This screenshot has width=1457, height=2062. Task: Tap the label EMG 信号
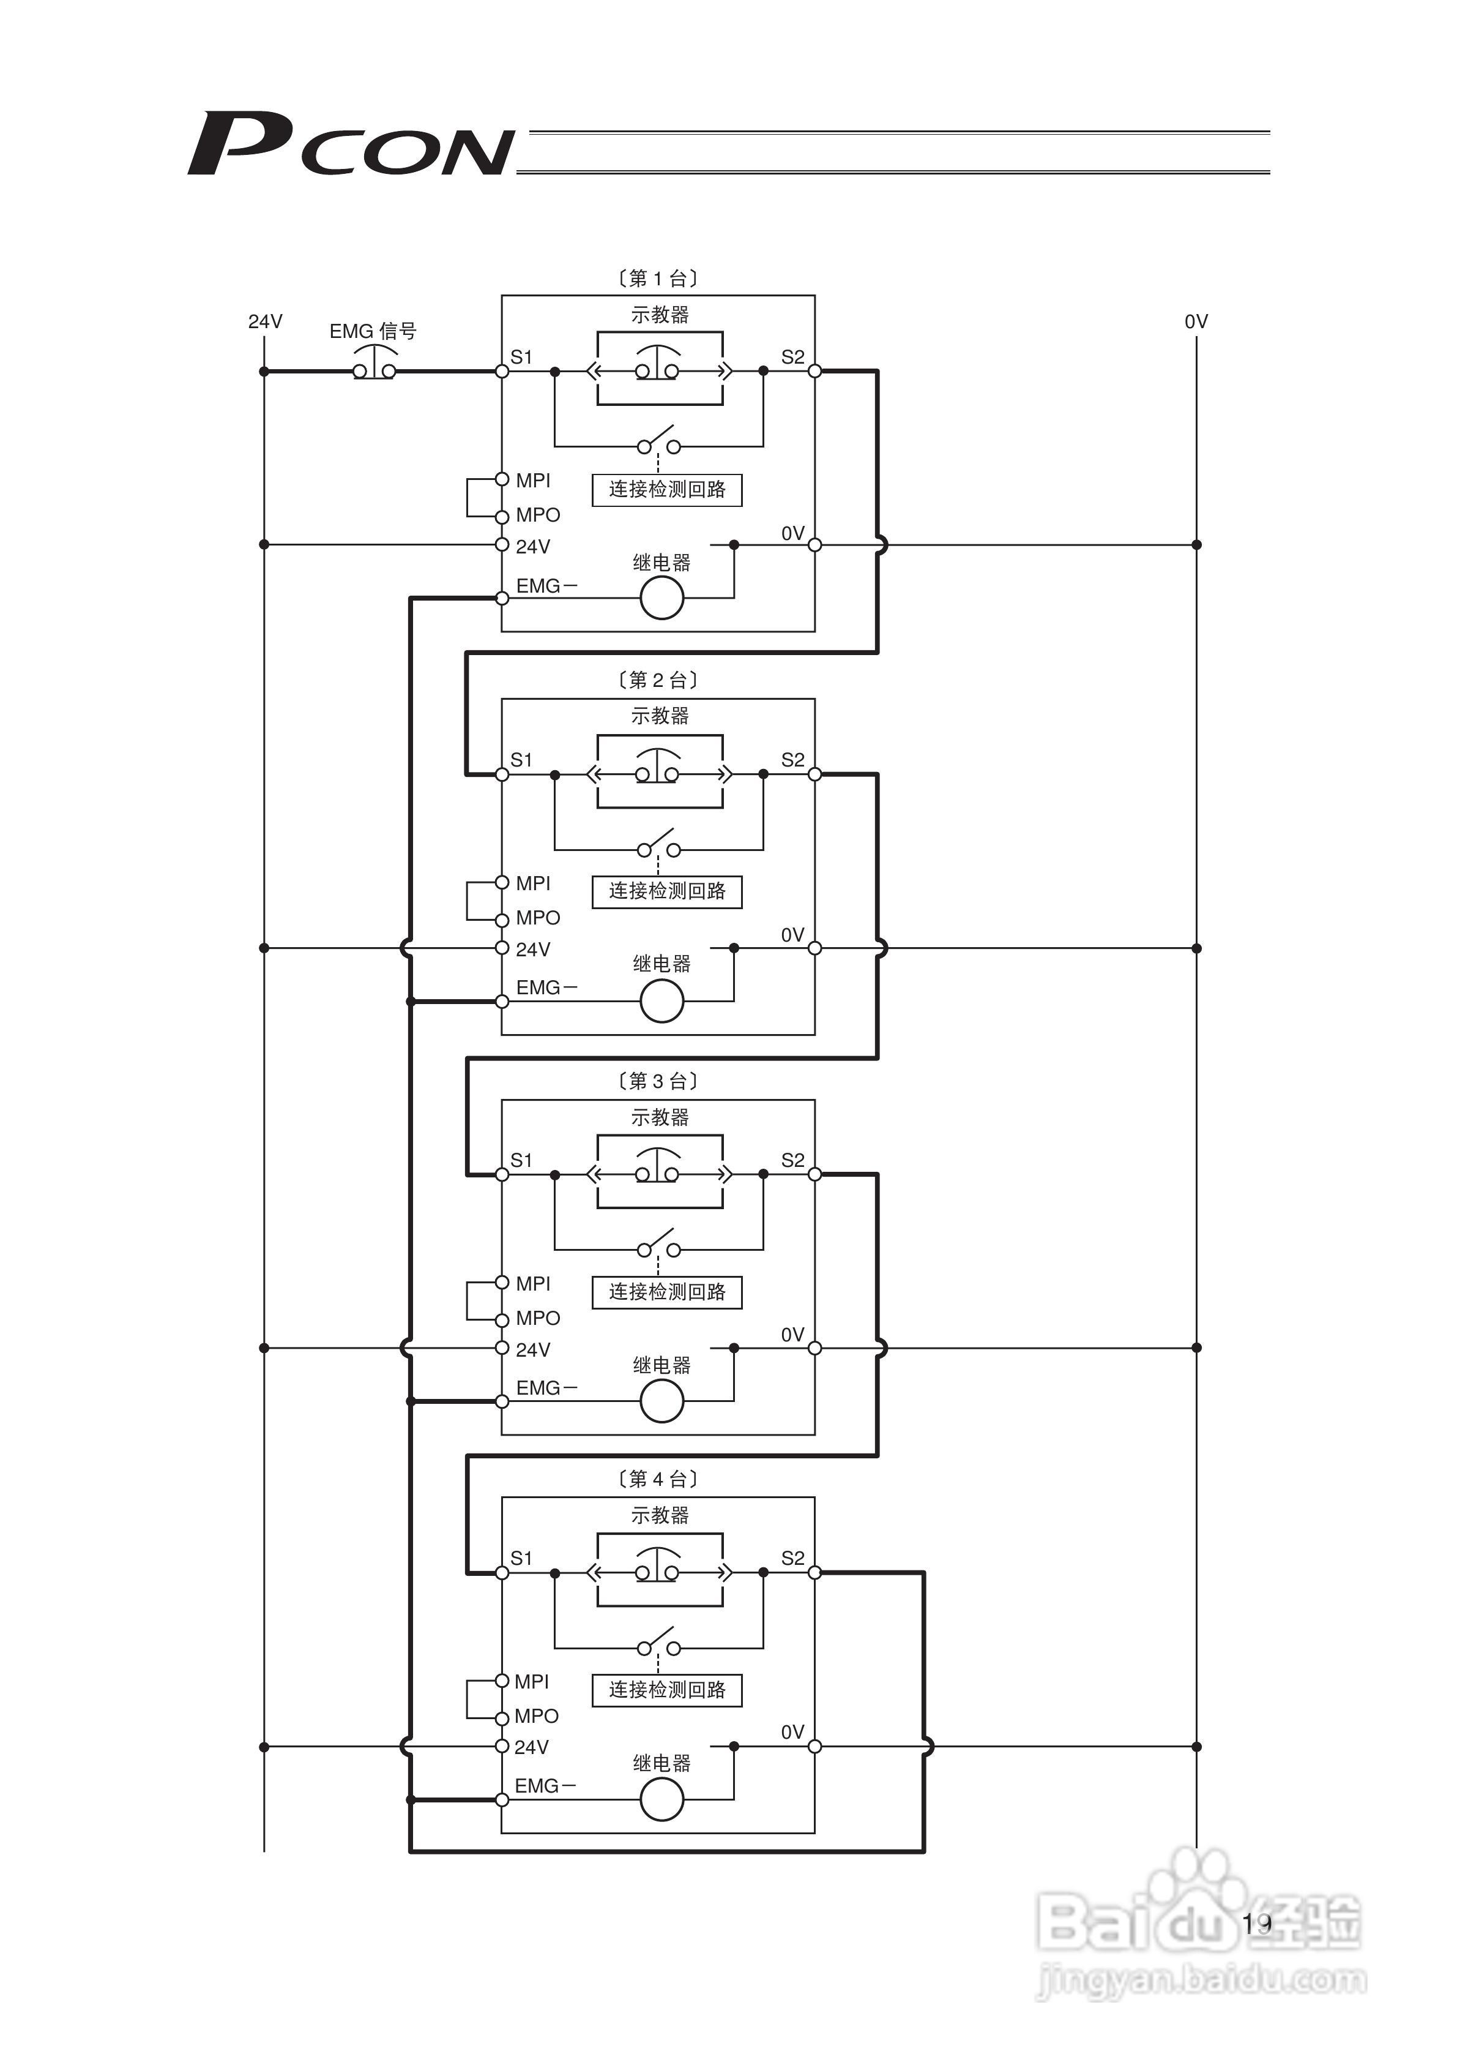[x=373, y=331]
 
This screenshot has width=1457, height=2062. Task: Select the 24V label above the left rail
[x=265, y=321]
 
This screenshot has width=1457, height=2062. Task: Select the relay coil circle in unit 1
[x=661, y=598]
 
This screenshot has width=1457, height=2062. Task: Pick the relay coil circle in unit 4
[x=661, y=1800]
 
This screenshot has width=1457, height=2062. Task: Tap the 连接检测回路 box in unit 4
[x=667, y=1690]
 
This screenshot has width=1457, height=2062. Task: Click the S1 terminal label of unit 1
[x=521, y=358]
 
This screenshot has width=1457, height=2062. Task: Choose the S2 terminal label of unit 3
[x=792, y=1160]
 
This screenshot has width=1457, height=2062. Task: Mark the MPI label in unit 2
[x=533, y=883]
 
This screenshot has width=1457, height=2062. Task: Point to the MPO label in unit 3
[x=538, y=1318]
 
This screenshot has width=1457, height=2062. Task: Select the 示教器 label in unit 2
[x=660, y=716]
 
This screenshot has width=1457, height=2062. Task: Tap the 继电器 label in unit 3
[x=661, y=1366]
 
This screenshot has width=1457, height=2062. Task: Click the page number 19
[x=1257, y=1923]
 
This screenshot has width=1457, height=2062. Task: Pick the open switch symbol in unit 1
[x=659, y=442]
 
